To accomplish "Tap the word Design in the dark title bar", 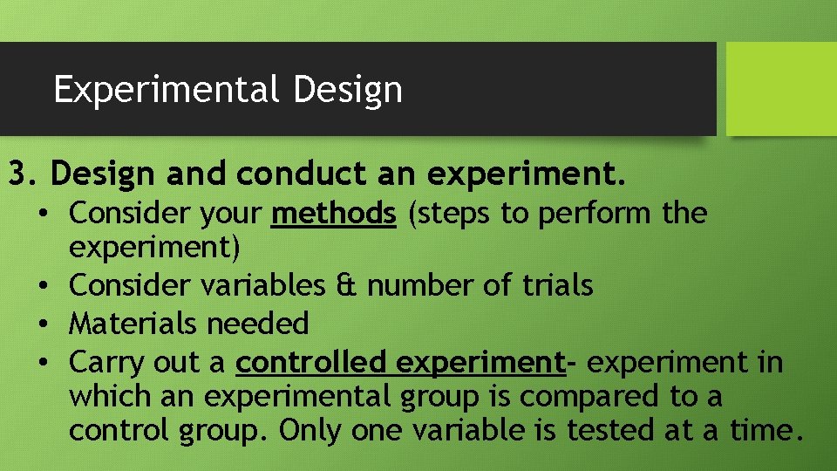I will point(348,89).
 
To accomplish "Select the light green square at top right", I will point(781,89).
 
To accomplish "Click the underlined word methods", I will point(334,213).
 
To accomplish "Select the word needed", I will point(258,324).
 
